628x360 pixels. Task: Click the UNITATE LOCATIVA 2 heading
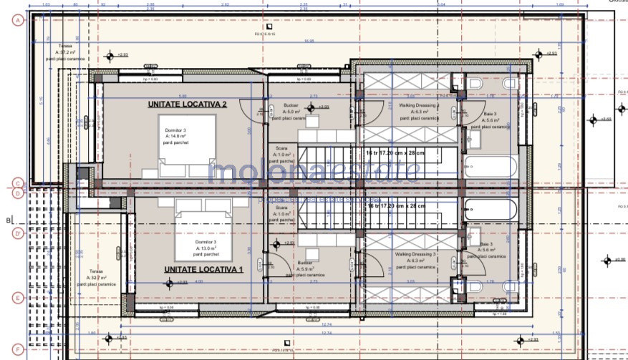[x=187, y=104]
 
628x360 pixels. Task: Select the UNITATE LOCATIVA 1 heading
[x=204, y=269]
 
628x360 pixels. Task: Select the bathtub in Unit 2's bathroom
[x=489, y=167]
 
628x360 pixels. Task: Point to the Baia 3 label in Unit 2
[x=491, y=117]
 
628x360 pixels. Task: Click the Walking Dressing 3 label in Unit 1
[x=415, y=258]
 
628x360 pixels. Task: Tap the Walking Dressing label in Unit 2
[x=418, y=107]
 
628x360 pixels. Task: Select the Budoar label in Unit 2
[x=291, y=108]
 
